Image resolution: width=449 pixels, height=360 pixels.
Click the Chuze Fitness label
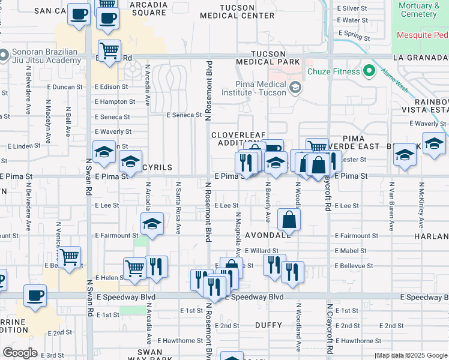pos(333,72)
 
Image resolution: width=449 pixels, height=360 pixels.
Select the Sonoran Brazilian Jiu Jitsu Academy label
pos(43,56)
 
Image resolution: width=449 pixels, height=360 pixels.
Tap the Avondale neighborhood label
pos(268,235)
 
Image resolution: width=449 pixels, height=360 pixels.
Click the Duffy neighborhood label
pos(268,325)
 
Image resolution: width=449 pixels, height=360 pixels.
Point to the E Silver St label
pos(352,8)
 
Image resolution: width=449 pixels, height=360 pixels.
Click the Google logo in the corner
pos(20,353)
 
